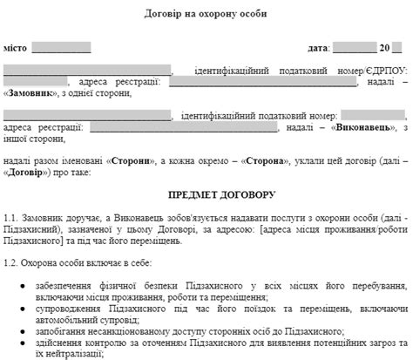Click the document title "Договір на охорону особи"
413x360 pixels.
[206, 15]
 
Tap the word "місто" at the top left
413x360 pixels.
[17, 45]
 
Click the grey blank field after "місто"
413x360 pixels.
[61, 46]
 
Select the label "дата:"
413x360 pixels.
[318, 45]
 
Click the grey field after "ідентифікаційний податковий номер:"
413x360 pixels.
[372, 114]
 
